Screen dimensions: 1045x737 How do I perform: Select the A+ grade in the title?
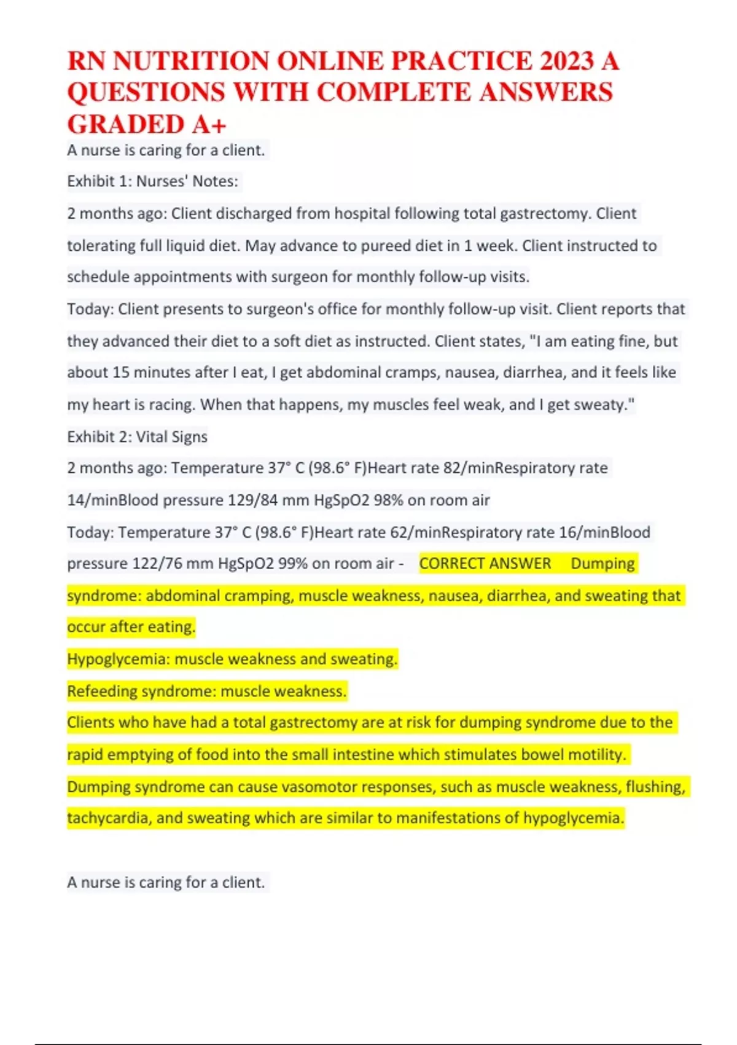point(209,125)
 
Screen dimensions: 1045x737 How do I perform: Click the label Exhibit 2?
point(98,437)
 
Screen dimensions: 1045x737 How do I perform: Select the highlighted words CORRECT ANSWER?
point(485,564)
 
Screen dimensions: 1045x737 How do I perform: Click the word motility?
point(595,755)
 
